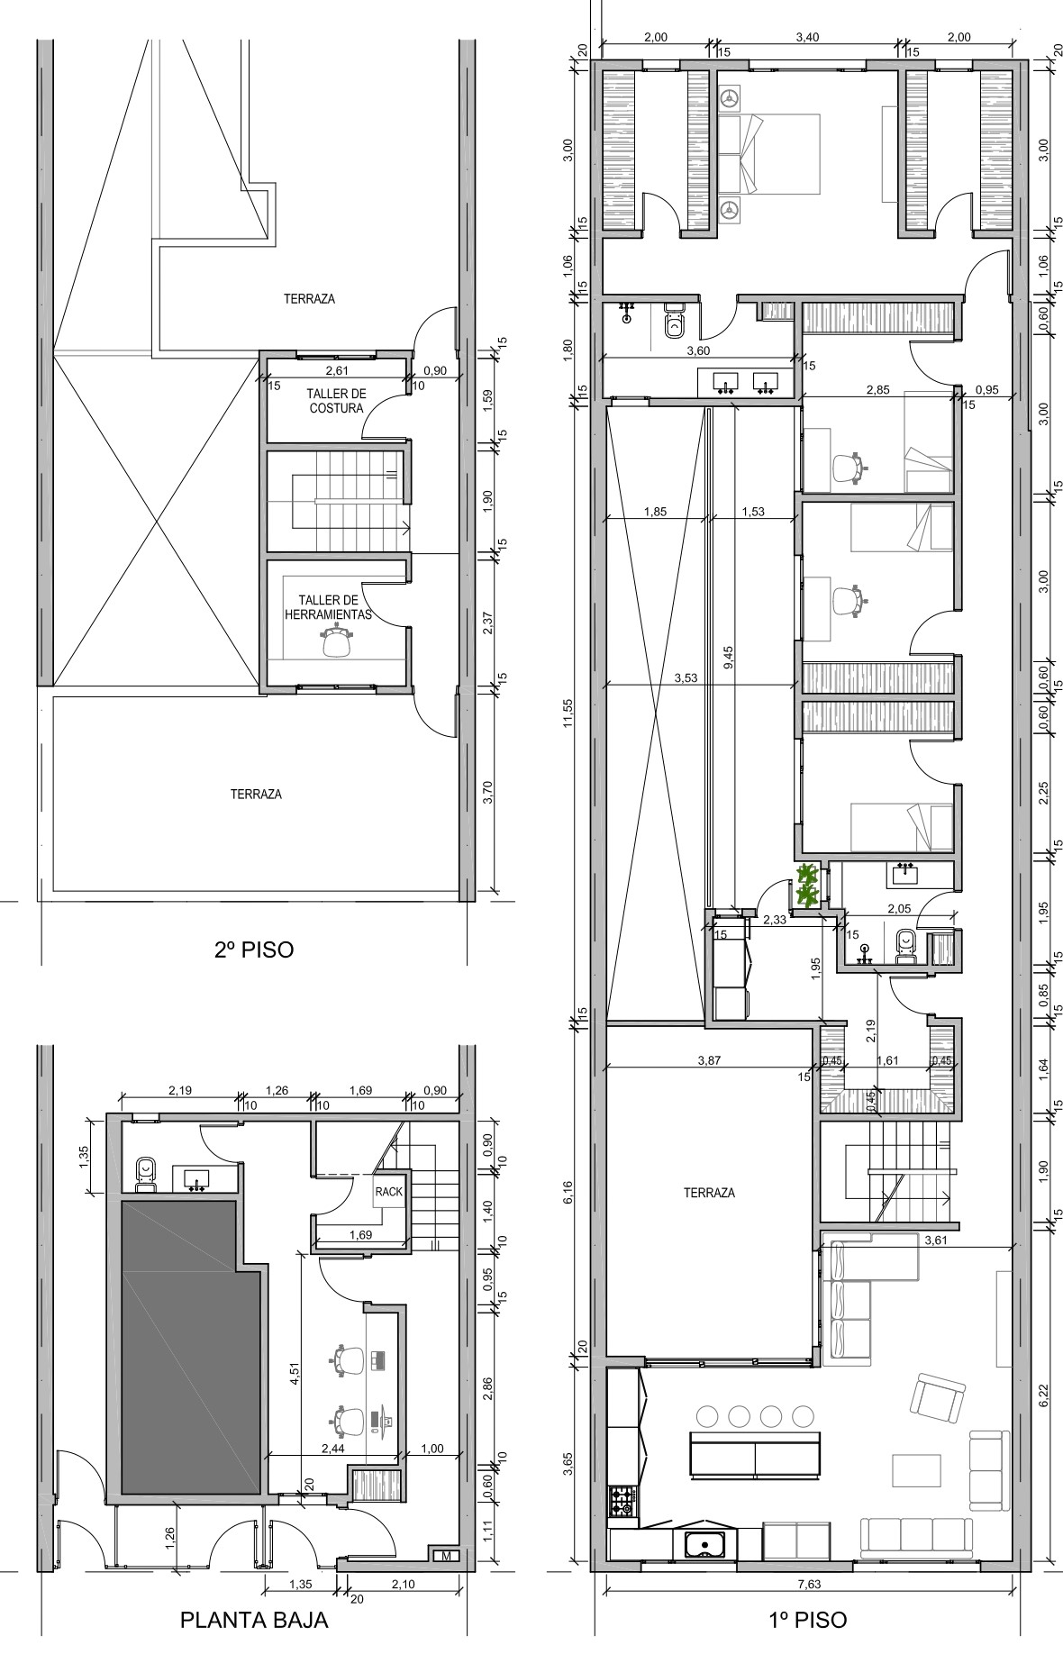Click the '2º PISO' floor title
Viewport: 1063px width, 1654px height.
254,949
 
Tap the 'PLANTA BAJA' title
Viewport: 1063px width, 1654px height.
254,1621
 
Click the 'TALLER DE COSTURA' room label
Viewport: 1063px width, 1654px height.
336,401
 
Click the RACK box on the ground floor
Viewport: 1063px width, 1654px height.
388,1190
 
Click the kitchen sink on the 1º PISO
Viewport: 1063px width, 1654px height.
706,1545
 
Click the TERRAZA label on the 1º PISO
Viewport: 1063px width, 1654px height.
709,1193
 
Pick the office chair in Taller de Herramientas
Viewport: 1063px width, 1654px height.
336,643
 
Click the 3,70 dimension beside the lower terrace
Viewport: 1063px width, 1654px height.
486,794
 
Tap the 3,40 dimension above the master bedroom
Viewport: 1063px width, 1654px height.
808,37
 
